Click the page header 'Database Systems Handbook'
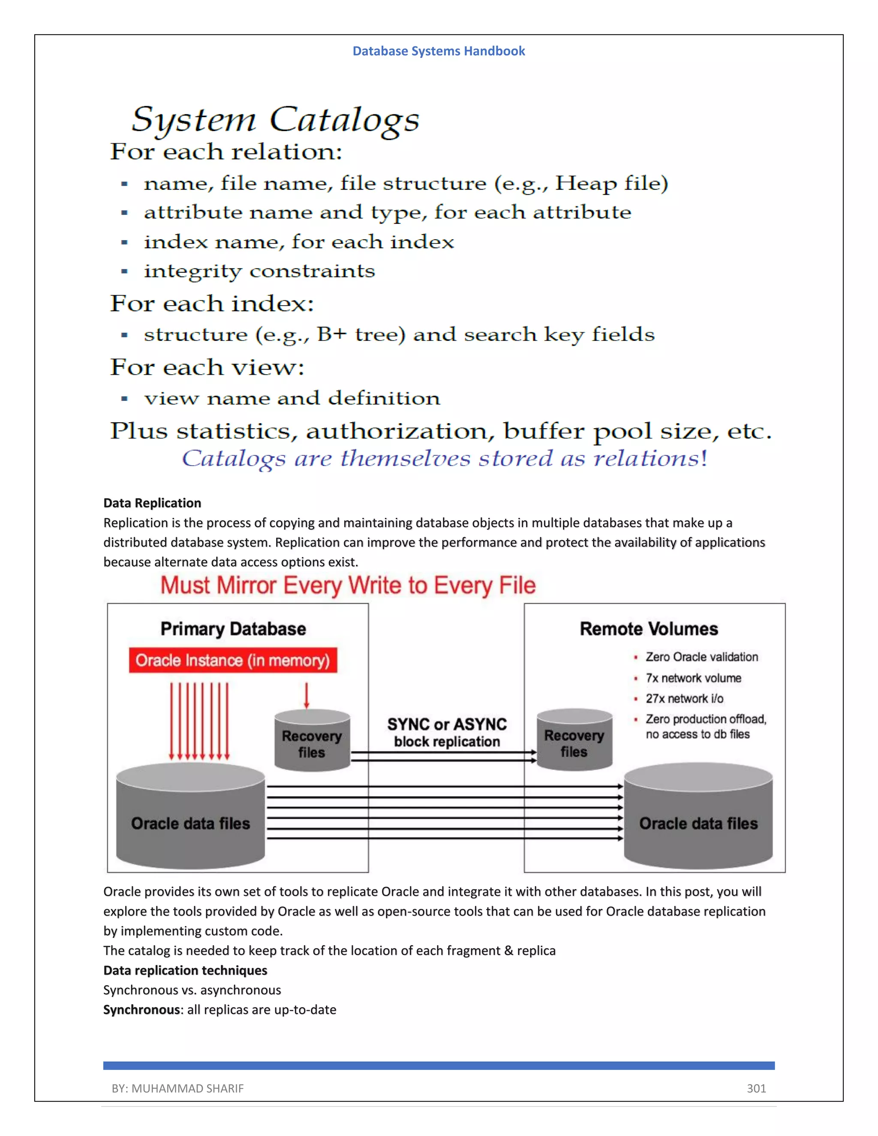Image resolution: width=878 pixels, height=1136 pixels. tap(439, 51)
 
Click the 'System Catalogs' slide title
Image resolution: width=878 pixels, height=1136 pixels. tap(275, 120)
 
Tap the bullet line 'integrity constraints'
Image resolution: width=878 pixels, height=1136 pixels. tap(259, 271)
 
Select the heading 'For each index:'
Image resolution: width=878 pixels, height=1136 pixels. tap(212, 303)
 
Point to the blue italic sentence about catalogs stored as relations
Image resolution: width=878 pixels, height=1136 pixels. tap(444, 458)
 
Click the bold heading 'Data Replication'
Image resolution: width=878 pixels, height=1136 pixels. tap(152, 503)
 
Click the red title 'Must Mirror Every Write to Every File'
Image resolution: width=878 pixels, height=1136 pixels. tap(347, 585)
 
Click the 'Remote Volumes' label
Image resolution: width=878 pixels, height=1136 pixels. tap(649, 629)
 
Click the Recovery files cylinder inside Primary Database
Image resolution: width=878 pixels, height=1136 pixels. tap(312, 741)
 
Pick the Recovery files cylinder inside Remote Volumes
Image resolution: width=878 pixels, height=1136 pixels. tap(574, 741)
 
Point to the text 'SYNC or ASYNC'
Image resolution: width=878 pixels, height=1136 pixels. tap(446, 724)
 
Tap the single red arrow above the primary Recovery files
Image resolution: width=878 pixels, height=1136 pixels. tap(307, 695)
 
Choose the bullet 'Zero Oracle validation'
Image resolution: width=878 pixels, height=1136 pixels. tap(701, 657)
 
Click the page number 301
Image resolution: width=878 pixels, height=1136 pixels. tap(756, 1088)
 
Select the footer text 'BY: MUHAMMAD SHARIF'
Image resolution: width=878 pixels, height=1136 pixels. tap(177, 1088)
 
